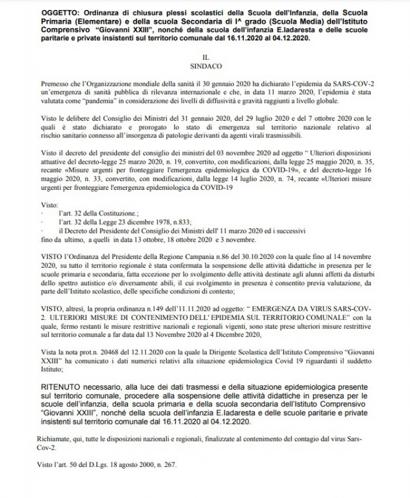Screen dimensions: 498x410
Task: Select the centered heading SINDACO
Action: (205, 64)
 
